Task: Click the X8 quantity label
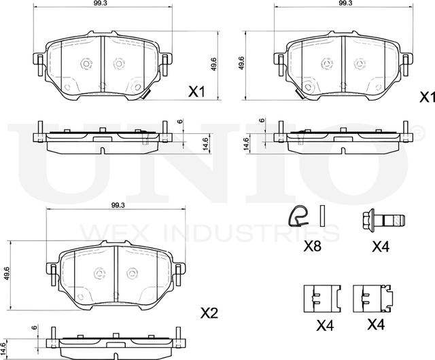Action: pyautogui.click(x=312, y=246)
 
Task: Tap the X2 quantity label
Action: pyautogui.click(x=209, y=313)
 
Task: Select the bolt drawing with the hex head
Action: pyautogui.click(x=384, y=221)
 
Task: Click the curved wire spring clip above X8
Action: pyautogui.click(x=298, y=216)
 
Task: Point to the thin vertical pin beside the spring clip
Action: pyautogui.click(x=322, y=216)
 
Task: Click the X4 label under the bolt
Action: pyautogui.click(x=381, y=247)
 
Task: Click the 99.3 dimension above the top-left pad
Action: pyautogui.click(x=103, y=3)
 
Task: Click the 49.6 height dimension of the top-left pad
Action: pyautogui.click(x=213, y=65)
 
